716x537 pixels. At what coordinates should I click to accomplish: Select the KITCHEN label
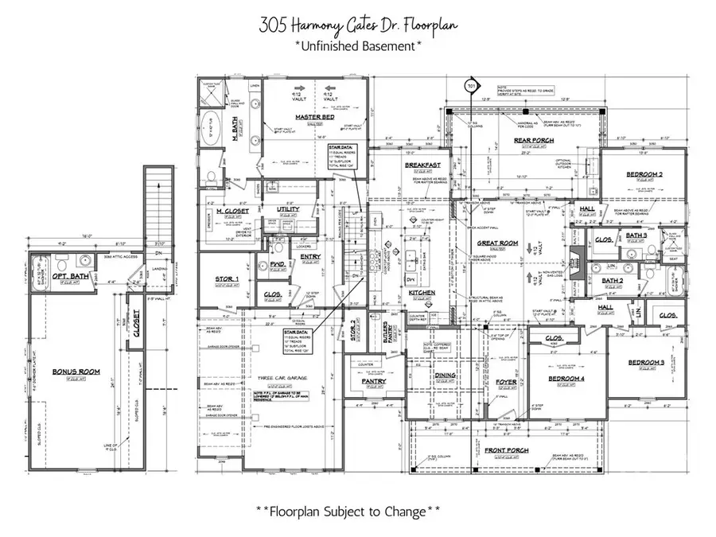[422, 294]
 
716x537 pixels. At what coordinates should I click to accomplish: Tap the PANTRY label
[372, 382]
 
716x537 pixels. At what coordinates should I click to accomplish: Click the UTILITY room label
[288, 209]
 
